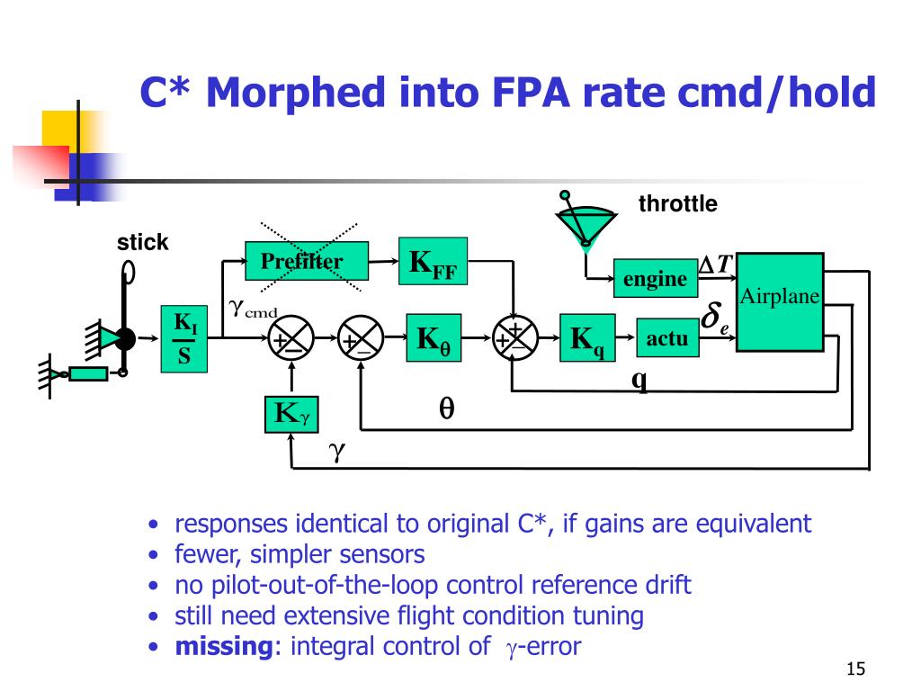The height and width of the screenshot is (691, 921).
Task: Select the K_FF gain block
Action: (x=434, y=262)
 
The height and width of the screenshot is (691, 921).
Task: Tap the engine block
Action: (x=655, y=279)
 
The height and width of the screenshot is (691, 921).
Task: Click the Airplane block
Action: (x=780, y=301)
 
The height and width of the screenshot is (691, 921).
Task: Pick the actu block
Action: (x=667, y=338)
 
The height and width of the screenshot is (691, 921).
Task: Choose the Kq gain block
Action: (x=587, y=339)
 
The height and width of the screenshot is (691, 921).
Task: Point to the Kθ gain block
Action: (x=434, y=339)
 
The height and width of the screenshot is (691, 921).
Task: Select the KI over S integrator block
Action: (x=183, y=339)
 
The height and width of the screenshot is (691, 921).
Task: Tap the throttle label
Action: (x=678, y=204)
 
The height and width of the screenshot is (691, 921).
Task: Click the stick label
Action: (x=143, y=242)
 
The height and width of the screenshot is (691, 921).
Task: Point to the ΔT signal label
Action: (x=718, y=263)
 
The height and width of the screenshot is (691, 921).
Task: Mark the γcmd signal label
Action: (x=253, y=310)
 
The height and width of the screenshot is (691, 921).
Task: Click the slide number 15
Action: (x=855, y=669)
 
